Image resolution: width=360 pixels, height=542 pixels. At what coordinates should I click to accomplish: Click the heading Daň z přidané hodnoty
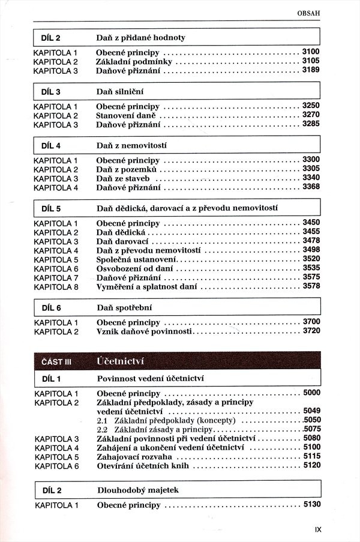141,38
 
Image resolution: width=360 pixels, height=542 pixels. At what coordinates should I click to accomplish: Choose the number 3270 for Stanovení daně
311,115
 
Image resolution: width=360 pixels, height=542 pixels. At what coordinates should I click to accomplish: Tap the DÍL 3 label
51,92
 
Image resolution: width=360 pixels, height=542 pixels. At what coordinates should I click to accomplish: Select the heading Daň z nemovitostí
131,145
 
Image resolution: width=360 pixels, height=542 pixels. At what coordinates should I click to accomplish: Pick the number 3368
311,187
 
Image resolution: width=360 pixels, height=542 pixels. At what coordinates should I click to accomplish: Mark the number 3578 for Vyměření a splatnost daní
311,287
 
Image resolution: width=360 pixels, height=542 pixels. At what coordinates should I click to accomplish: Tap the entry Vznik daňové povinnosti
144,331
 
